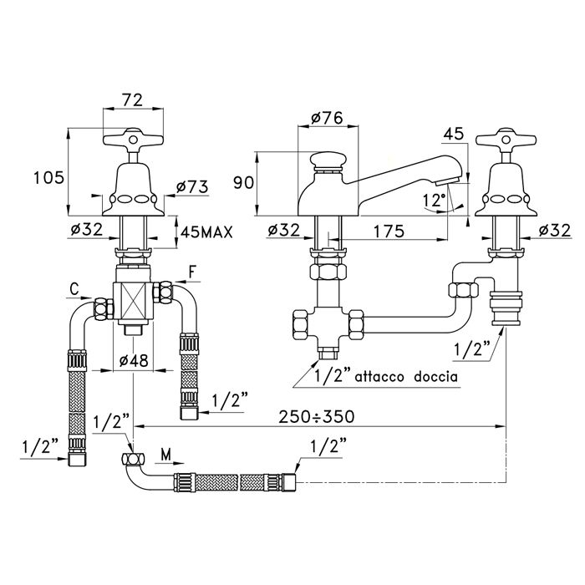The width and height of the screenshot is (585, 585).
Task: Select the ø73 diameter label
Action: click(191, 187)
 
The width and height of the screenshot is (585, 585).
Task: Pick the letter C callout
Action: click(74, 289)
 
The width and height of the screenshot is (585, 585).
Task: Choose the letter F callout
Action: click(191, 272)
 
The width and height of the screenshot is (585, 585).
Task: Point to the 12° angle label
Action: click(433, 201)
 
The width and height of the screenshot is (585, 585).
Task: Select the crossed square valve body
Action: click(131, 296)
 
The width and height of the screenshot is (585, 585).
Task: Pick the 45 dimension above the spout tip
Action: click(452, 135)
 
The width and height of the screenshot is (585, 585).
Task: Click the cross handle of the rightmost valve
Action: click(504, 143)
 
